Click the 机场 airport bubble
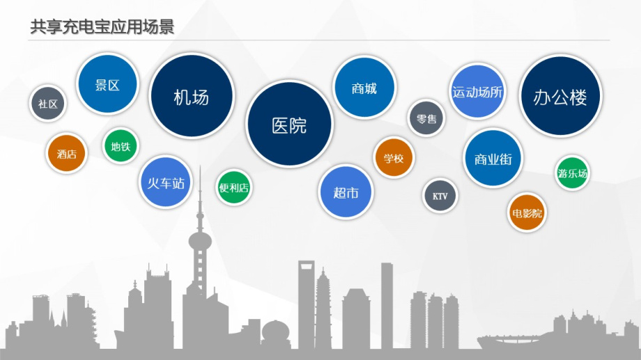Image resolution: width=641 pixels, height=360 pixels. [x=192, y=96]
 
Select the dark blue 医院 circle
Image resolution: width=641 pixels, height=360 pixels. [x=289, y=124]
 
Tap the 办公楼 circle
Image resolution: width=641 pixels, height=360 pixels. [x=560, y=96]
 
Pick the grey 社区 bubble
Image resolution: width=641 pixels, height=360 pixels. [x=48, y=104]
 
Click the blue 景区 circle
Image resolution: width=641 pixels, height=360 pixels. [x=107, y=84]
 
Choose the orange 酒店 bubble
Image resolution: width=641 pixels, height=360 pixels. [x=67, y=154]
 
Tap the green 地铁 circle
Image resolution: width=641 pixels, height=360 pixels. [x=121, y=146]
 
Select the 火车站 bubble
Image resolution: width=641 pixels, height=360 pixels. [x=166, y=182]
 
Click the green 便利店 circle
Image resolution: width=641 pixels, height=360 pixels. [x=234, y=187]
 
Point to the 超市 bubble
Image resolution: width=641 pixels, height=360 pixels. [x=346, y=192]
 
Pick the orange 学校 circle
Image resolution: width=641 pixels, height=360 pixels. [x=394, y=158]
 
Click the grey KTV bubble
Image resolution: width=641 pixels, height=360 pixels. [x=440, y=196]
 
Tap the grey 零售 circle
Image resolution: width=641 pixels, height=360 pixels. [x=426, y=118]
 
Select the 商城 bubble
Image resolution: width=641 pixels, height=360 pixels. [x=364, y=88]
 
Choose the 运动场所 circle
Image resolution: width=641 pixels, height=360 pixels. [x=477, y=91]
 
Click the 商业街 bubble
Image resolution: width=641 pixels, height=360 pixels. [x=493, y=159]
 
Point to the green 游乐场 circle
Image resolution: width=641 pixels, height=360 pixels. [x=572, y=173]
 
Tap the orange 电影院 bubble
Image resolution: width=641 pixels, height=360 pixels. [x=527, y=212]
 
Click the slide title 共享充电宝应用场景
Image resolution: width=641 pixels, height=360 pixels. [x=102, y=26]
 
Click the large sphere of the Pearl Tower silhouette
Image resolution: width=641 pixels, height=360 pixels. [x=200, y=241]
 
